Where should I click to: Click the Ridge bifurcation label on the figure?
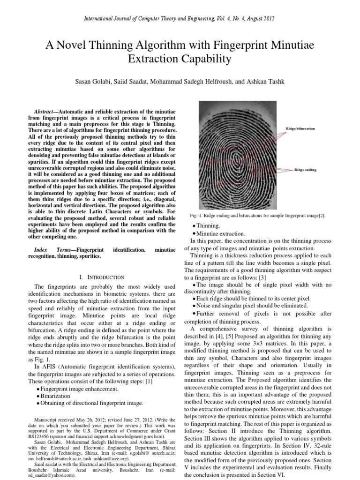(x=300, y=128)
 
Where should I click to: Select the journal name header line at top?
(x=180, y=18)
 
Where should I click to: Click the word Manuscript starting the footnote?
(x=48, y=419)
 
